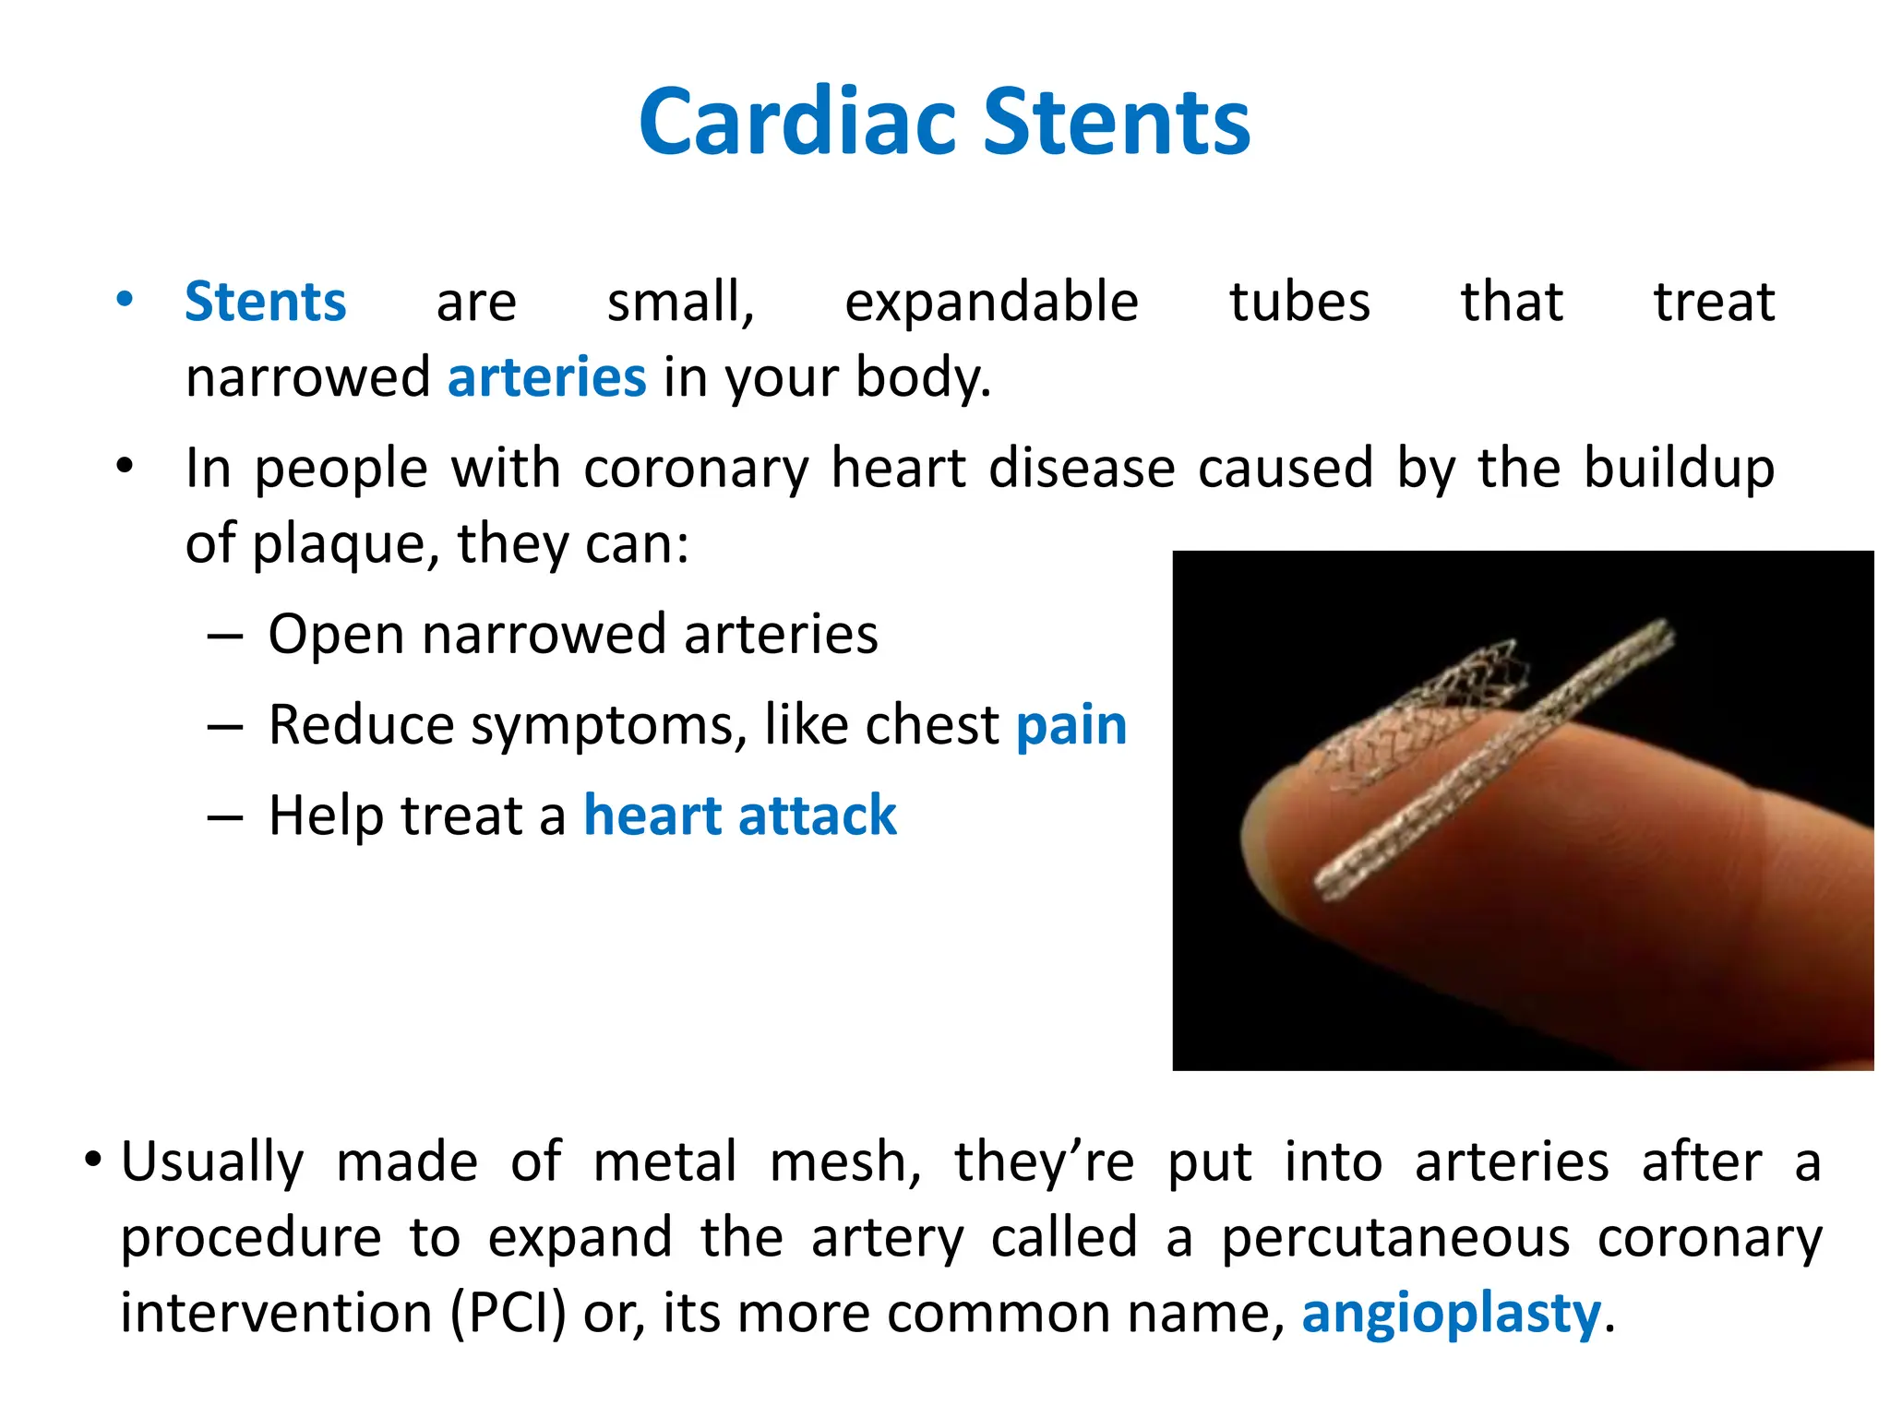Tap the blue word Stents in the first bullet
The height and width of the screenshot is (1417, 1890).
click(265, 302)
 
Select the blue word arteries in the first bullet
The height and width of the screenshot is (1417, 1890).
click(546, 377)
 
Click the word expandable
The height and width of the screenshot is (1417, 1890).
click(991, 303)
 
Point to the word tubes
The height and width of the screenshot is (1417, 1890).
click(1299, 302)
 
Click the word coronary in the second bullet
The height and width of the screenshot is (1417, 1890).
click(697, 468)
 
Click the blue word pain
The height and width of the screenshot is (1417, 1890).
click(1071, 726)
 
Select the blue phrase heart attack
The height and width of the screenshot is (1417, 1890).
click(740, 816)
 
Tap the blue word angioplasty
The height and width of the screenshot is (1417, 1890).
click(1452, 1313)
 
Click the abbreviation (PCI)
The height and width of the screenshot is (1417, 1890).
click(508, 1313)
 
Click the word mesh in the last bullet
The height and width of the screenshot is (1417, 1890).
click(845, 1161)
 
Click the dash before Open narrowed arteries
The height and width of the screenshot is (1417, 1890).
click(225, 637)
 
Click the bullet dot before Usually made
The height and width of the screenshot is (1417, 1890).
click(92, 1159)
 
